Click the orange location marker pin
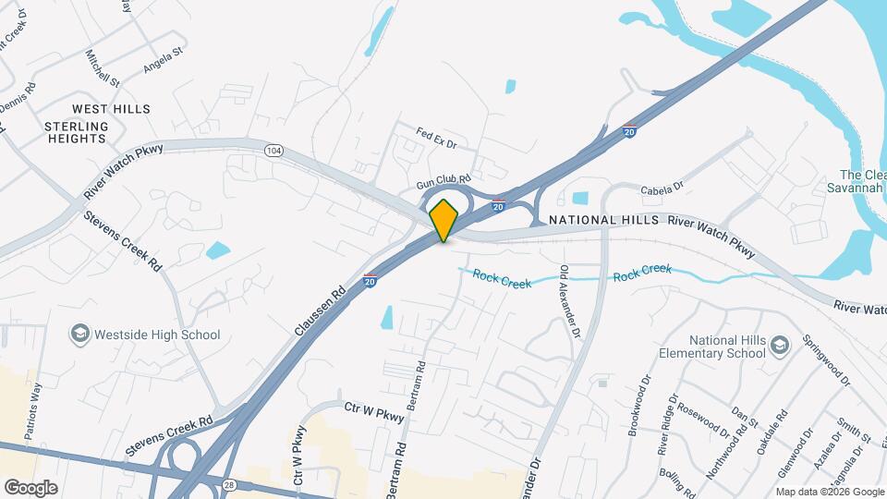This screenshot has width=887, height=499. pyautogui.click(x=444, y=220)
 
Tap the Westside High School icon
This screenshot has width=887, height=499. pyautogui.click(x=80, y=334)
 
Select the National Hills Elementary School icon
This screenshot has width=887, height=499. pyautogui.click(x=781, y=345)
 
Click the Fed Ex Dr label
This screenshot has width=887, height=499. pyautogui.click(x=437, y=138)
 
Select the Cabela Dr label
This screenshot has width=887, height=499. pyautogui.click(x=662, y=187)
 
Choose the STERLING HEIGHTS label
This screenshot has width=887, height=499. pyautogui.click(x=76, y=132)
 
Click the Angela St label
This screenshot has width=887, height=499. pyautogui.click(x=164, y=63)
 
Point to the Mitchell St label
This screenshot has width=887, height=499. pyautogui.click(x=103, y=68)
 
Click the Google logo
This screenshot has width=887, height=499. pyautogui.click(x=30, y=487)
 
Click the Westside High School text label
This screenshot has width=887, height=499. pyautogui.click(x=158, y=335)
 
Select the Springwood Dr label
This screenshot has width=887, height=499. pyautogui.click(x=825, y=359)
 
